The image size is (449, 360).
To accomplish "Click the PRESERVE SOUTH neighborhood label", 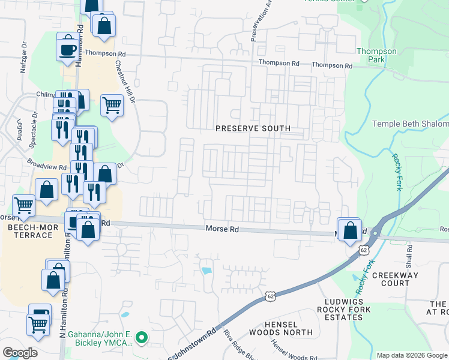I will (253, 128).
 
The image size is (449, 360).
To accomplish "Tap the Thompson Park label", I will (376, 56).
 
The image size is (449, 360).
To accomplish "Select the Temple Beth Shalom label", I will (410, 124).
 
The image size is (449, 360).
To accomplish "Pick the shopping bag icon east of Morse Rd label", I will (350, 230).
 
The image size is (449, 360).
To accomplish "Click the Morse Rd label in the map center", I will (218, 229).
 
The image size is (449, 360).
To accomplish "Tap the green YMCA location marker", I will (142, 338).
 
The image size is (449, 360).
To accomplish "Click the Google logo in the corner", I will (20, 352).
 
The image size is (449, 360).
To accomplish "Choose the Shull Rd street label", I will (409, 256).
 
